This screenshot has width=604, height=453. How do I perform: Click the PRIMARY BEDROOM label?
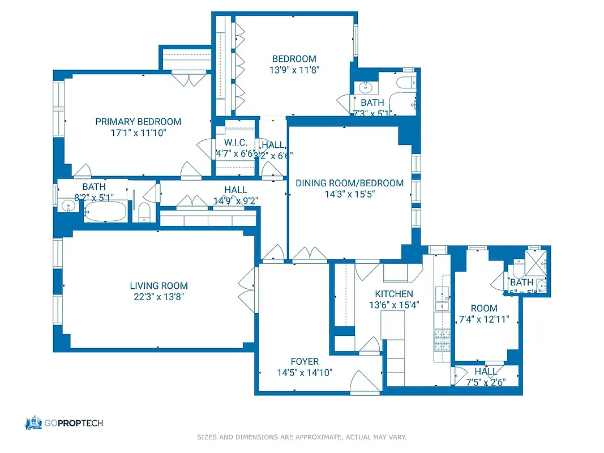tap(138, 122)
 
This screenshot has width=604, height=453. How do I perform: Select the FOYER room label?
tap(305, 361)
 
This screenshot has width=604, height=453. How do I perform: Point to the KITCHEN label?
tap(394, 294)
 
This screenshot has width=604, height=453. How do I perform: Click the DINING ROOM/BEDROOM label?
tap(349, 183)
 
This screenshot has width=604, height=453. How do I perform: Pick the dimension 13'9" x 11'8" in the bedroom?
tap(294, 70)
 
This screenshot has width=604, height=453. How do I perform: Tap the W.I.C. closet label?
tap(235, 143)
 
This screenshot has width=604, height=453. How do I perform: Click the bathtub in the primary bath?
tap(106, 213)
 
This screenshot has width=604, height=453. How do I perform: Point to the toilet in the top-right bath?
tap(404, 83)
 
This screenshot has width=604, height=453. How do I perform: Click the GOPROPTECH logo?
tap(63, 423)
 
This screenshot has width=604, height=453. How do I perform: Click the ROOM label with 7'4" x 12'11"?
tap(484, 308)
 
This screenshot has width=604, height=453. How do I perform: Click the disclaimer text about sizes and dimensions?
tap(302, 437)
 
